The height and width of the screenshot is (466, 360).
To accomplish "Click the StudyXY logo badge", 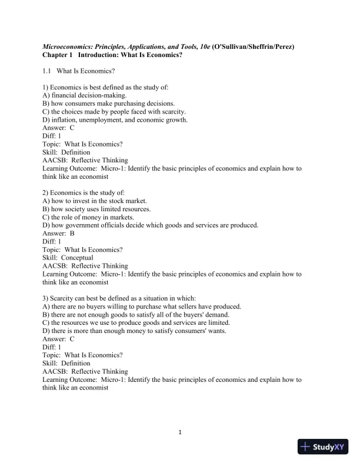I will [x=324, y=447].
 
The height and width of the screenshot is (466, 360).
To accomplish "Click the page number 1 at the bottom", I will [x=180, y=434].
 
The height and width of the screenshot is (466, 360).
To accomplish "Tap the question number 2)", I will [x=46, y=192].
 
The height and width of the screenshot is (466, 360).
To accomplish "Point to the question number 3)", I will [x=46, y=298].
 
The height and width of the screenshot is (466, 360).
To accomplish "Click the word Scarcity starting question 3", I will [x=64, y=298].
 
